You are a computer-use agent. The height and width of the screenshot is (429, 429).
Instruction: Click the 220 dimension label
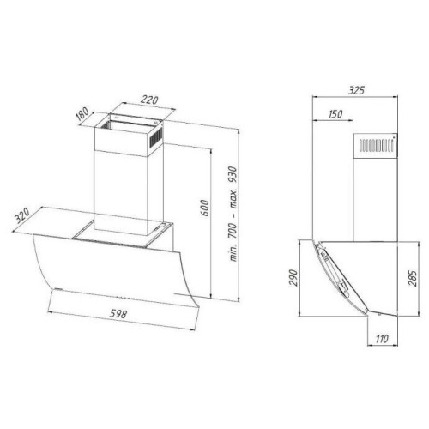pyautogui.click(x=149, y=100)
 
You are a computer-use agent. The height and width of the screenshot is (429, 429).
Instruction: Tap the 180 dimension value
pyautogui.click(x=83, y=114)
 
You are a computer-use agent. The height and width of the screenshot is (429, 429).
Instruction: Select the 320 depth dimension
pyautogui.click(x=22, y=215)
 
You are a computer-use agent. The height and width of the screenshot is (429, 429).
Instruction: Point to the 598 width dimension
pyautogui.click(x=118, y=314)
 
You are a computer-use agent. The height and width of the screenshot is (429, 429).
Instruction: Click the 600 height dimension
pyautogui.click(x=204, y=208)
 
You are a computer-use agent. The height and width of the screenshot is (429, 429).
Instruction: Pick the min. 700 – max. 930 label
pyautogui.click(x=233, y=214)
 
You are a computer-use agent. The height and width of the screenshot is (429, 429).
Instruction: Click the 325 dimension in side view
pyautogui.click(x=356, y=91)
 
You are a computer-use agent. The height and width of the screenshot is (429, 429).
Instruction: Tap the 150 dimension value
pyautogui.click(x=335, y=114)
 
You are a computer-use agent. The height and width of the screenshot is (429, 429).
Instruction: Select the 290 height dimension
pyautogui.click(x=293, y=277)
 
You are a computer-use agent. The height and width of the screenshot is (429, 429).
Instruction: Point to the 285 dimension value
pyautogui.click(x=412, y=278)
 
